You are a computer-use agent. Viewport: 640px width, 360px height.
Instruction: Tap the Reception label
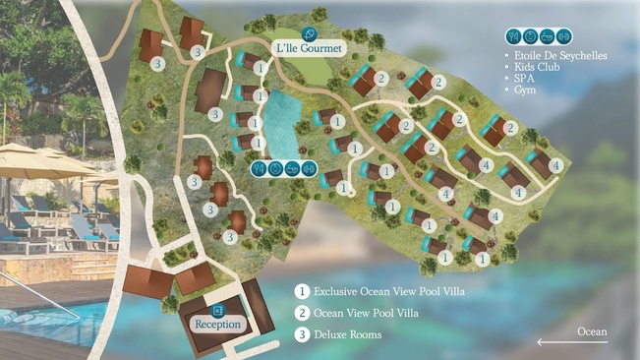tap(218, 325)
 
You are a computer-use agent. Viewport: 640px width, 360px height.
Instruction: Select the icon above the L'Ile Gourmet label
tap(310, 33)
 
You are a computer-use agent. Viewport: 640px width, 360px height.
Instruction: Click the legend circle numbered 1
tap(303, 291)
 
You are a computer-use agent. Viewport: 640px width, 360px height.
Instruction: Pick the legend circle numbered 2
tap(303, 313)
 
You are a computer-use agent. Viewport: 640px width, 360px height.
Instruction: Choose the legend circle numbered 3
tap(303, 334)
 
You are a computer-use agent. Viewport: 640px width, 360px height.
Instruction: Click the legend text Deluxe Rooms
tap(348, 335)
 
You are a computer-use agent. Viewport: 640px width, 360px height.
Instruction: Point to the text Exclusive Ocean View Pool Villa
tap(388, 292)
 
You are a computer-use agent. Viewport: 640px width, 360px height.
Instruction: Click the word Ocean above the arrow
tap(592, 331)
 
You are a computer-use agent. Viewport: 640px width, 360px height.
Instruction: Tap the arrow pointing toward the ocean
tap(572, 342)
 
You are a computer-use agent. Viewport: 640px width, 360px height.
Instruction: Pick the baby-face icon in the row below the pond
tap(275, 168)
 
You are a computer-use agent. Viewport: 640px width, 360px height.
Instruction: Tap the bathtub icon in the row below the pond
tap(292, 168)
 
